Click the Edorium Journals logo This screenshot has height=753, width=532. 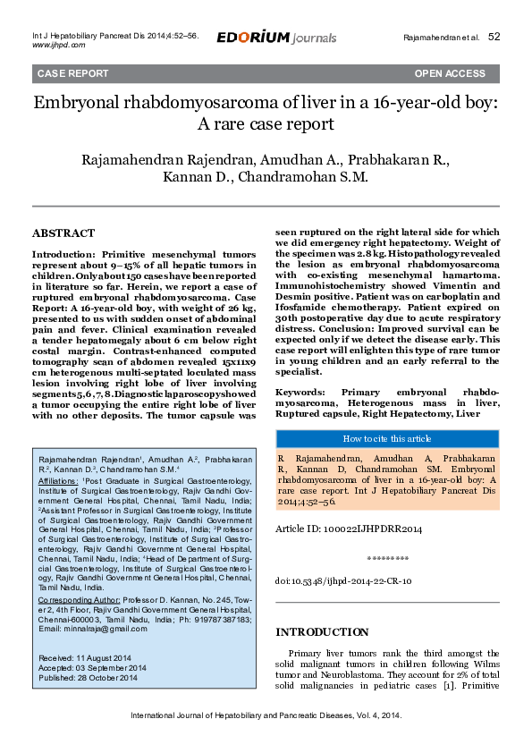(276, 38)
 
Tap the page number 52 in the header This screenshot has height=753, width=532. (494, 38)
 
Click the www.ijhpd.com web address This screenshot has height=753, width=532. (58, 44)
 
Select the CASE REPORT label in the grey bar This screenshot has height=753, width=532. (72, 72)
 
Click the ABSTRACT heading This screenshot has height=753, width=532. (63, 233)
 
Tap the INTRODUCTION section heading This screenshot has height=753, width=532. (322, 632)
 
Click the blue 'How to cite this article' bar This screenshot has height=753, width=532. (386, 438)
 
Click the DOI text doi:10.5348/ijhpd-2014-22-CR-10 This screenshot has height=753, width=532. (343, 581)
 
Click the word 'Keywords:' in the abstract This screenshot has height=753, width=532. (306, 393)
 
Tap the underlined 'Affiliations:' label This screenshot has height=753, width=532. (59, 481)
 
